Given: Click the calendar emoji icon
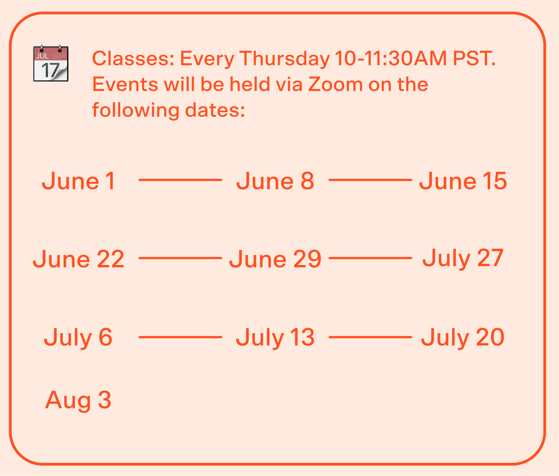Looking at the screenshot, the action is tap(51, 63).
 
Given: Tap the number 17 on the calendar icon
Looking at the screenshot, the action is tap(50, 70).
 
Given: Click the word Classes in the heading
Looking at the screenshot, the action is tap(133, 58).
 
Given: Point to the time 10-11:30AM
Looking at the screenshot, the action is tap(391, 58).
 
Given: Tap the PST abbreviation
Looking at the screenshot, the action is tap(474, 58).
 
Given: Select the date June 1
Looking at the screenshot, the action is tap(78, 181).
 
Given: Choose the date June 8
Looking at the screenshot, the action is tap(275, 181).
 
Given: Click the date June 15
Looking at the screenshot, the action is tap(463, 181).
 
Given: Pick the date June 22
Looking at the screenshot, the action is tap(78, 259).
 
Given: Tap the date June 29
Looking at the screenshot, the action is tap(275, 259).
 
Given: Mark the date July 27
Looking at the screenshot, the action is tap(463, 259).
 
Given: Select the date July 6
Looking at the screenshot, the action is tap(78, 338).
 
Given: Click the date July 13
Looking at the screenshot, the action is tap(275, 338).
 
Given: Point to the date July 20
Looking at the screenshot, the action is tap(463, 338).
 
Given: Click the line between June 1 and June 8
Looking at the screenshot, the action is tap(180, 180).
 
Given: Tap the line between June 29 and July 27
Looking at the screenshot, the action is tap(370, 258).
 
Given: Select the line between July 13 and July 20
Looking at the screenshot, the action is tap(370, 337).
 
